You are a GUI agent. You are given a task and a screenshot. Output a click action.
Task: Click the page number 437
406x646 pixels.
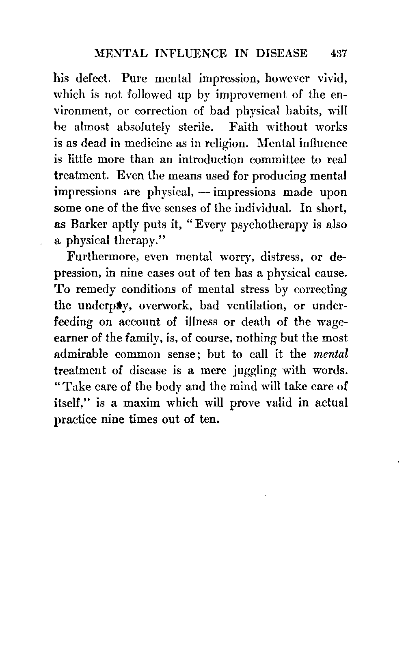click(x=337, y=54)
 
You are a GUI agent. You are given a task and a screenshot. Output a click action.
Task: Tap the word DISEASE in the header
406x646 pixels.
click(x=279, y=54)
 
